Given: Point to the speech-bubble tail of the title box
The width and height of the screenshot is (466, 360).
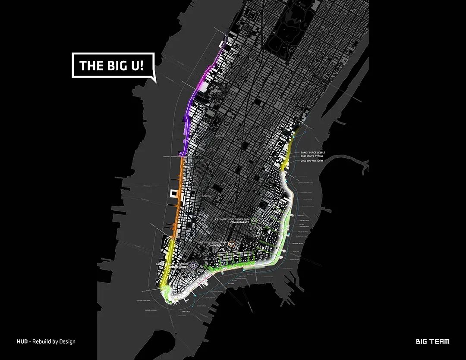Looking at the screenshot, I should [x=152, y=79].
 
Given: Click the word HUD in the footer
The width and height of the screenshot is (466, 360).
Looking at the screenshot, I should [x=22, y=341].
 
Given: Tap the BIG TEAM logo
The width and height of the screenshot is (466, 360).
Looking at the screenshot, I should [x=432, y=341].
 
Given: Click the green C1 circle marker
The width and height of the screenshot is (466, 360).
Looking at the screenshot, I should [x=254, y=220].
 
